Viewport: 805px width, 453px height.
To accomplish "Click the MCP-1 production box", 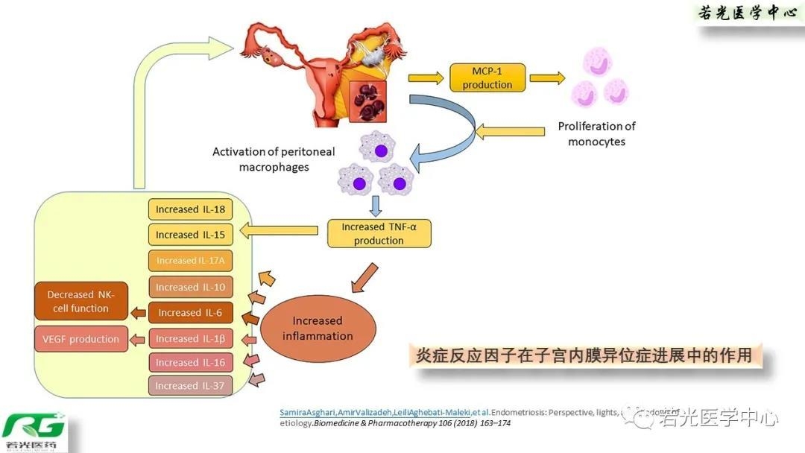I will click(x=487, y=77).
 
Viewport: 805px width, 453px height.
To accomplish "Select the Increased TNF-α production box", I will click(x=379, y=233).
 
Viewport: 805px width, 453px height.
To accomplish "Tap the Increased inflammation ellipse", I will click(x=318, y=329).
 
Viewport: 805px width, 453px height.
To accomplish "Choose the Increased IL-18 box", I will click(x=190, y=209).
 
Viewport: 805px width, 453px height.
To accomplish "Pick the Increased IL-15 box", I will click(x=190, y=235).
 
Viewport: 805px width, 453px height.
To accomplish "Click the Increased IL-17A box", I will click(x=190, y=261).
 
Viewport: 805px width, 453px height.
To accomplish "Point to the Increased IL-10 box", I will click(x=190, y=287).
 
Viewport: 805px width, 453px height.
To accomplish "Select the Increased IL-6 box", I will click(x=190, y=313).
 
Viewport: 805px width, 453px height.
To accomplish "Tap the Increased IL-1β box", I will click(x=190, y=338).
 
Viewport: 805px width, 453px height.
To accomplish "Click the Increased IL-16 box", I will click(x=190, y=362).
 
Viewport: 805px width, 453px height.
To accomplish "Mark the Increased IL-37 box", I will click(x=190, y=386).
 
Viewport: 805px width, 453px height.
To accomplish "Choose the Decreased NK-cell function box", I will click(x=78, y=302).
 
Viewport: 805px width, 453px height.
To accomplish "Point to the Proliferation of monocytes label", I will click(x=596, y=134).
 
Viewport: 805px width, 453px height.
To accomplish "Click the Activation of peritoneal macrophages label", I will click(x=274, y=159).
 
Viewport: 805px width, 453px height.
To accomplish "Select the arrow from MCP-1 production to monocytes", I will click(x=547, y=77).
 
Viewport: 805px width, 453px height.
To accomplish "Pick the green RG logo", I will click(x=34, y=430).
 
